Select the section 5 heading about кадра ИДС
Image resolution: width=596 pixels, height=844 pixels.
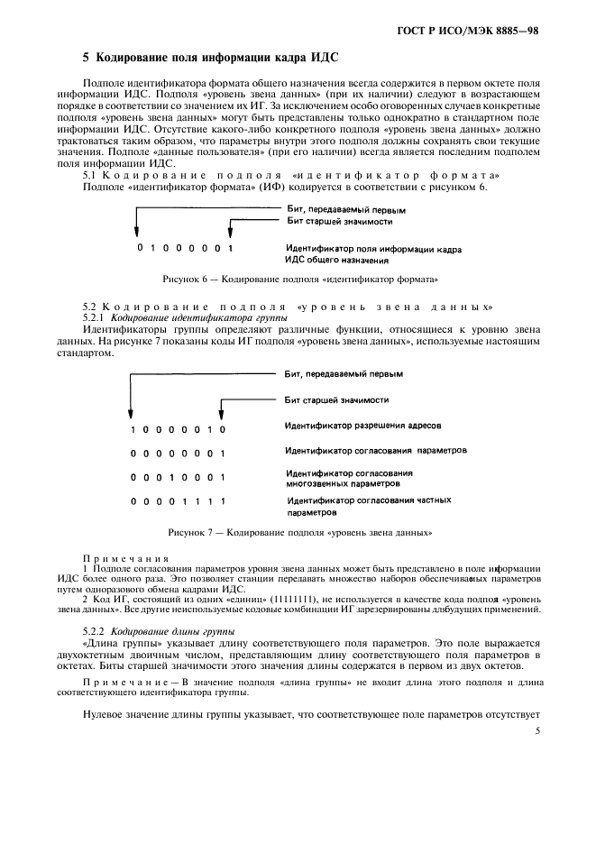(210, 57)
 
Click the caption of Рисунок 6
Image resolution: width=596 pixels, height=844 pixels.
(300, 280)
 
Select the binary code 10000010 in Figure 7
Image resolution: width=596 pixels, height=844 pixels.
(177, 428)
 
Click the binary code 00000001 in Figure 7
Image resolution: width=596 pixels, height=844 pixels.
(177, 453)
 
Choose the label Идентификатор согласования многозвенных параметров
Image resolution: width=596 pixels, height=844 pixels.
(350, 478)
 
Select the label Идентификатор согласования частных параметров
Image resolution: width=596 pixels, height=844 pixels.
(368, 505)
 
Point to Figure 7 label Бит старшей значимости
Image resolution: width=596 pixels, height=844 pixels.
(336, 398)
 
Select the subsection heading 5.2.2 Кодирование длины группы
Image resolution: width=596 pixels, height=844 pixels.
(159, 631)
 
